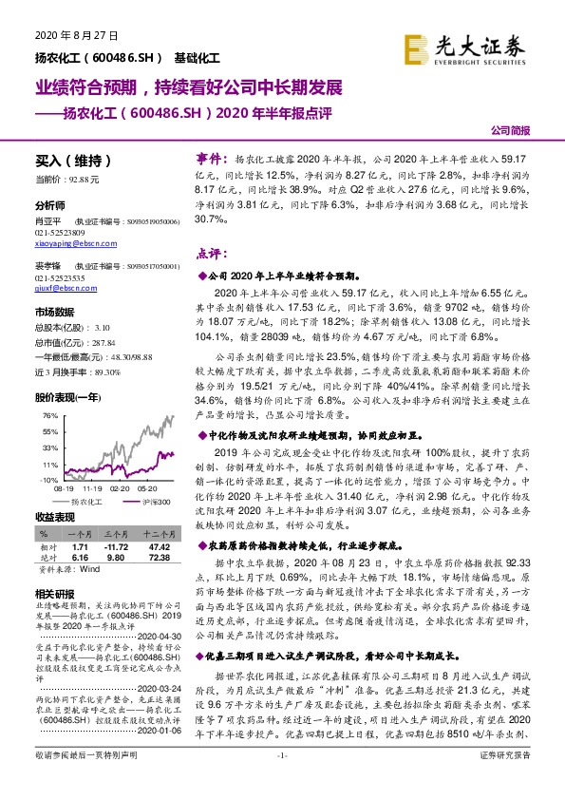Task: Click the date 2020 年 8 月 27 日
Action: pos(67,35)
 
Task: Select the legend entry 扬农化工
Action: pos(86,501)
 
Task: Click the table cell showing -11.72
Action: pos(115,549)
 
